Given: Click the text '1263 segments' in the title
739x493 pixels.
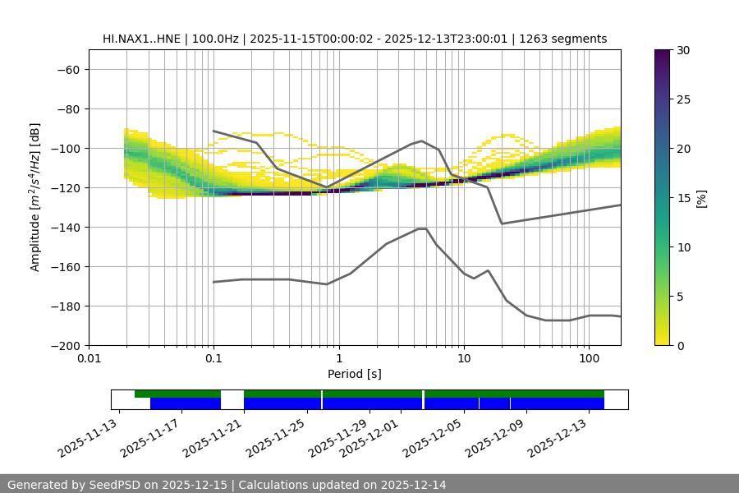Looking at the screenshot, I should click(x=568, y=39).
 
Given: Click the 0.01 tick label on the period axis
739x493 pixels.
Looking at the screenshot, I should click(x=89, y=359).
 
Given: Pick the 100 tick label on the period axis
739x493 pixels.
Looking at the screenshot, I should click(x=589, y=359).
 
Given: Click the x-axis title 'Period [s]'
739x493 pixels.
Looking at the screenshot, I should click(x=355, y=374).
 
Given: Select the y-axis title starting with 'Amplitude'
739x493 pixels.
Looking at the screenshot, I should click(x=35, y=197).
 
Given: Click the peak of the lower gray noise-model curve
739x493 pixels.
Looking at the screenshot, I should click(x=422, y=228).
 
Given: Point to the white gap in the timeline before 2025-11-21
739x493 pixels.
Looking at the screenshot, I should click(x=232, y=399).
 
